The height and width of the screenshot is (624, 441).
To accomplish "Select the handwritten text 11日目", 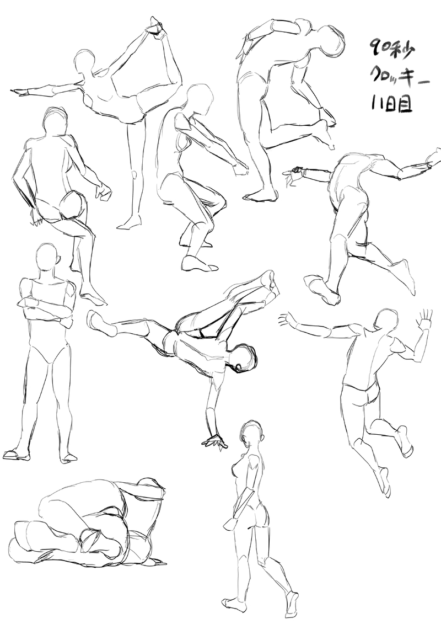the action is pos(392,104).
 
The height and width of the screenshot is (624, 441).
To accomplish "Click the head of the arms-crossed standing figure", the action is pos(49,258).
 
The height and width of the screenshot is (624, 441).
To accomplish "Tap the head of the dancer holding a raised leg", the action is pos(84,63).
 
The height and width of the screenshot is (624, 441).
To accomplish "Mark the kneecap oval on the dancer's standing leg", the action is pos(135,174).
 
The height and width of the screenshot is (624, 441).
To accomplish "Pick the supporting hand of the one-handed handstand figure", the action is pos(214,441).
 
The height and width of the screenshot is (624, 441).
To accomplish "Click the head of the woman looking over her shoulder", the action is pos(252,435).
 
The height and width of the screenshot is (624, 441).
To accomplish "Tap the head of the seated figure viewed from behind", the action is pos(56,121).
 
